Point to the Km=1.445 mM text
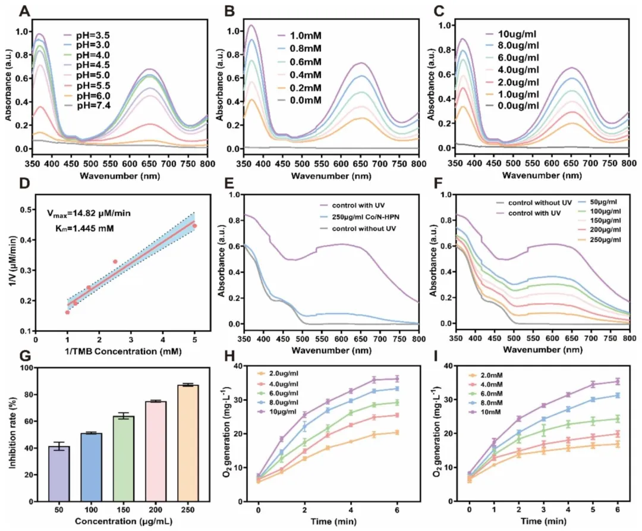tap(84, 228)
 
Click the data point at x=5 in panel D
tap(194, 226)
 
